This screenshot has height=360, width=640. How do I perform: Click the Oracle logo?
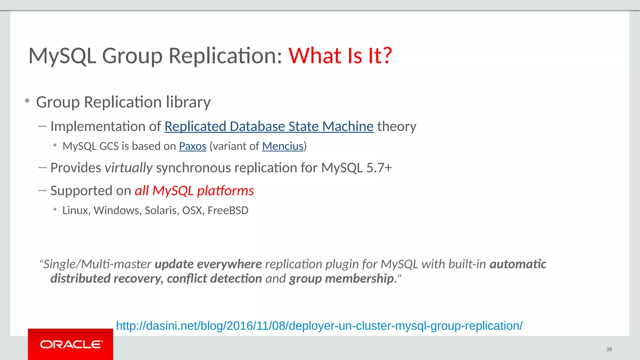[x=71, y=344]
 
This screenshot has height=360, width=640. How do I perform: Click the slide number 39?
[x=609, y=349]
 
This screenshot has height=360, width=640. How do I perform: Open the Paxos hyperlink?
[x=192, y=146]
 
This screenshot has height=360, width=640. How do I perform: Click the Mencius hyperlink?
[x=282, y=146]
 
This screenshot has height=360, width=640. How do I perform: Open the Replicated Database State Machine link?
[x=269, y=127]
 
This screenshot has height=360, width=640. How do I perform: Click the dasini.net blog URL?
[x=319, y=326]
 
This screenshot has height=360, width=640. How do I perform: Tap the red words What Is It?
[x=340, y=56]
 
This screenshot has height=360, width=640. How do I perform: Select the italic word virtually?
[x=128, y=168]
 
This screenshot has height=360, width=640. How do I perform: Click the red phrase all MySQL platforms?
[x=194, y=191]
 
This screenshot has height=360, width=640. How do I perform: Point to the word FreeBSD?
[x=228, y=211]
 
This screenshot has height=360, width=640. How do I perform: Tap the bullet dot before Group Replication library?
[x=27, y=101]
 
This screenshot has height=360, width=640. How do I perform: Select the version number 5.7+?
[x=379, y=168]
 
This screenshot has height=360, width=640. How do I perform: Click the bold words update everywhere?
[x=208, y=264]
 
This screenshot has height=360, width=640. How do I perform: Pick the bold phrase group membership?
[x=341, y=279]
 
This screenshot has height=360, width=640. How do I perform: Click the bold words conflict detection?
[x=214, y=279]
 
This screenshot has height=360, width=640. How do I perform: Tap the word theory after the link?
[x=397, y=127]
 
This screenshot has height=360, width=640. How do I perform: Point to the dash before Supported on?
[x=42, y=190]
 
